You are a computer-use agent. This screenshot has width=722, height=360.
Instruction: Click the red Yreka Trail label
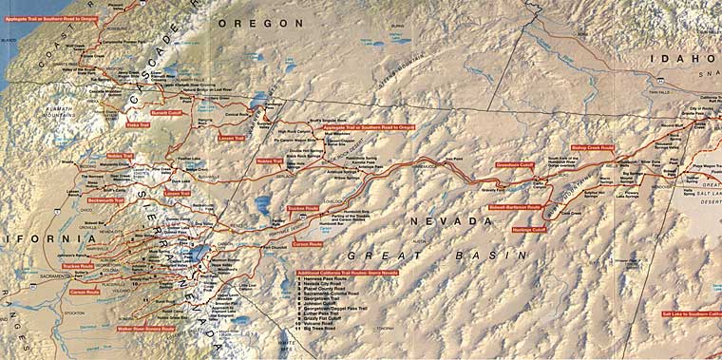pyautogui.click(x=138, y=123)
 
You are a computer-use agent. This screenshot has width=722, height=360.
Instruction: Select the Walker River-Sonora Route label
pyautogui.click(x=145, y=329)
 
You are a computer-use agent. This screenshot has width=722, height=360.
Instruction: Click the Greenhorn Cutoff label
pyautogui.click(x=514, y=163)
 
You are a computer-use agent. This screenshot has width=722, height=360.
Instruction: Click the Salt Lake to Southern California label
pyautogui.click(x=691, y=313)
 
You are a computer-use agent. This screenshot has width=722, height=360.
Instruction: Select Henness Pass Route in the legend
pyautogui.click(x=328, y=279)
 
